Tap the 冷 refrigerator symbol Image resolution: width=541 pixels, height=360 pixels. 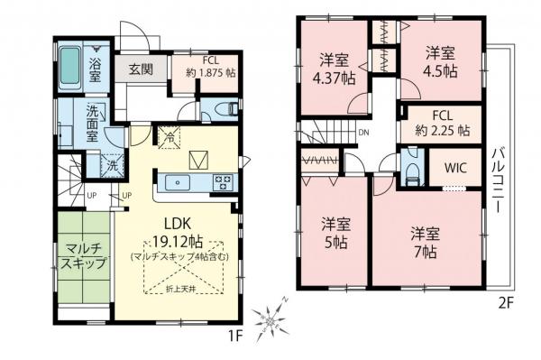[168, 138]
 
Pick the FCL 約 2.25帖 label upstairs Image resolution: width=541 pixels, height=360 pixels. [441, 123]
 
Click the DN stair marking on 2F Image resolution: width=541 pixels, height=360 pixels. [364, 134]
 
